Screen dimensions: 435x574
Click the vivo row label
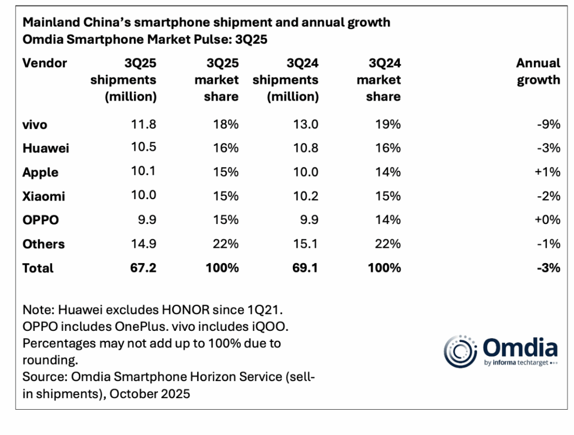(x=35, y=125)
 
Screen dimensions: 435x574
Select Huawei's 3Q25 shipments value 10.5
(x=144, y=148)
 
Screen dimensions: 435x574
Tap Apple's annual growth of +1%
(x=547, y=172)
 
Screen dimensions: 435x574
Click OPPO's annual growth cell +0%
(x=547, y=220)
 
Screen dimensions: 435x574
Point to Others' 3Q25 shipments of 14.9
(x=144, y=244)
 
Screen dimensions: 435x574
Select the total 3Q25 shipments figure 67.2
(x=143, y=267)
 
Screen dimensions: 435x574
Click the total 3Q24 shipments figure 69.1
(x=306, y=267)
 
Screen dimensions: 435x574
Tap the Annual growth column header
(x=538, y=71)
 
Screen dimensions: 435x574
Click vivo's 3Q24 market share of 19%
(x=387, y=125)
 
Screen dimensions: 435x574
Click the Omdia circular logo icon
(x=461, y=352)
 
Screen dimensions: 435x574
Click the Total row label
(x=38, y=268)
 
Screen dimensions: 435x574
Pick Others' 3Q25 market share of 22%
(x=226, y=244)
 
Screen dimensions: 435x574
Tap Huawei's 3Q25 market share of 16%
(x=226, y=148)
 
